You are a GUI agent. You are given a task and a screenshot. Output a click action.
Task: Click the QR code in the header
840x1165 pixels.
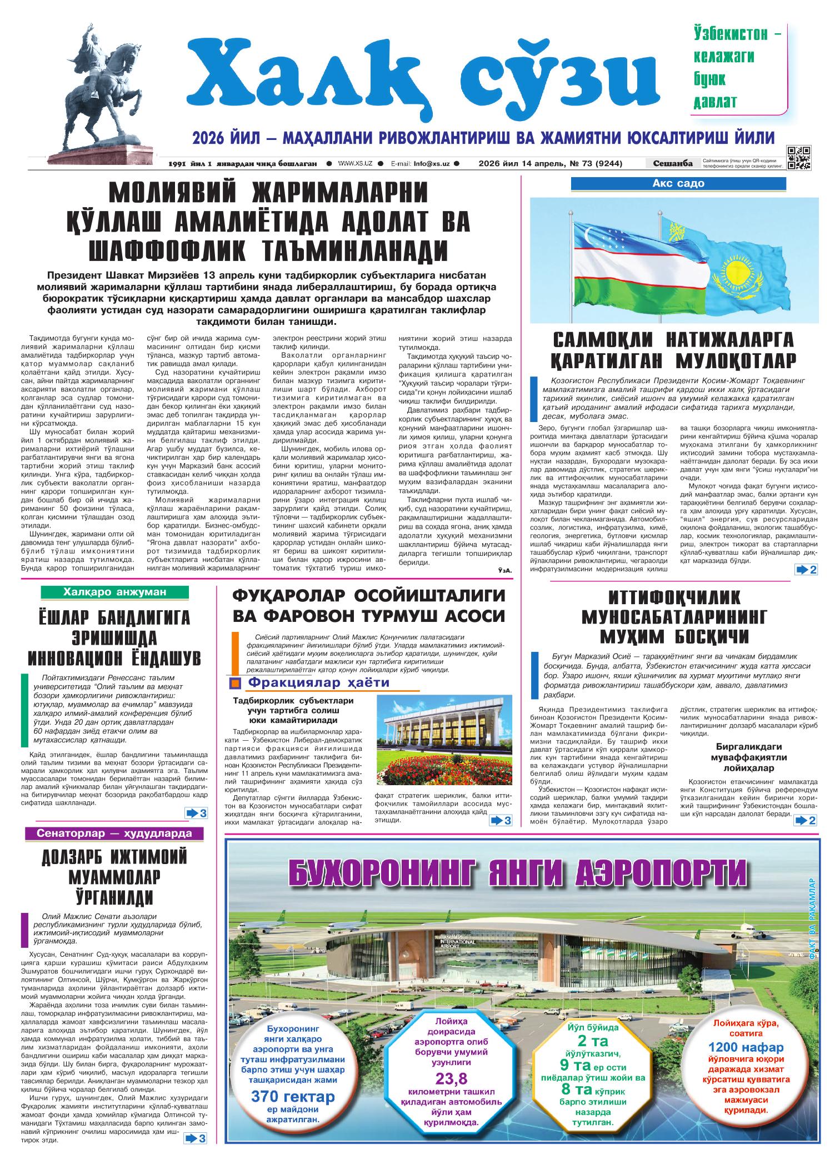(x=798, y=157)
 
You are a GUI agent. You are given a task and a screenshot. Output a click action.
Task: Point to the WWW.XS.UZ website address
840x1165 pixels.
(x=354, y=164)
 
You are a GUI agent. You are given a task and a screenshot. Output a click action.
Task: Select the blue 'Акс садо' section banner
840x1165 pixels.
(x=678, y=184)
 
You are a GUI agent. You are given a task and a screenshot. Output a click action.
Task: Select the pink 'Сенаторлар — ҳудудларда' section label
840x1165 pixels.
(x=114, y=833)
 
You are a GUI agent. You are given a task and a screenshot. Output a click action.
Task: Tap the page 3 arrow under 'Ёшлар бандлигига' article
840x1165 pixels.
(x=196, y=814)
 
